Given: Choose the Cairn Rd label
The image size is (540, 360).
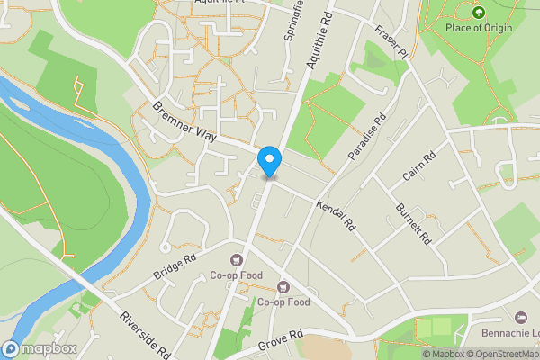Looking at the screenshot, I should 419,166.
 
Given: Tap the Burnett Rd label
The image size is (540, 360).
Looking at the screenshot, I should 415,223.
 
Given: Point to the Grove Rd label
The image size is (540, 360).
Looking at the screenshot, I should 281,340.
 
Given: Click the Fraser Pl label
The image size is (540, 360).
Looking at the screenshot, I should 392,40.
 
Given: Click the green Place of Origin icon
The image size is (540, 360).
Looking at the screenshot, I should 479,12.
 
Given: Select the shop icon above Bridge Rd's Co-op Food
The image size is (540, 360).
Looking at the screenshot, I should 240,260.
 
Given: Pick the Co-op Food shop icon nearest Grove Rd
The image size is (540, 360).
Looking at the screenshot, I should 283,286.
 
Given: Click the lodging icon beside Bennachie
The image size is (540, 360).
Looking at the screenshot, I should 521,318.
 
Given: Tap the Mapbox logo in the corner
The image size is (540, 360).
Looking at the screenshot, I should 40,348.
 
